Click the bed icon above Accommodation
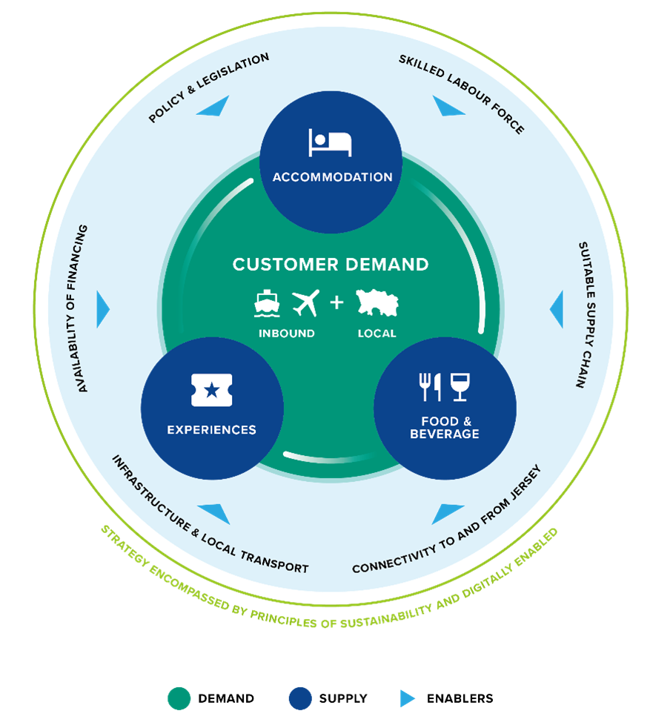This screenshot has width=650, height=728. click(x=330, y=142)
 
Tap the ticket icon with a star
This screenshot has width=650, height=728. click(x=212, y=390)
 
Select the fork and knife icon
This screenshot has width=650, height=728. click(x=430, y=387)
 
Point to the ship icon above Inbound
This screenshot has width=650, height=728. click(x=267, y=304)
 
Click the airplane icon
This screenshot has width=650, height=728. click(x=306, y=303)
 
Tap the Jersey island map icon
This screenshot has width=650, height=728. click(x=377, y=302)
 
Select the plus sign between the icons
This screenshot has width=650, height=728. click(x=336, y=302)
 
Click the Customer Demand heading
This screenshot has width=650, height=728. click(x=331, y=265)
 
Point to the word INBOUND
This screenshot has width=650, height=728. click(x=287, y=334)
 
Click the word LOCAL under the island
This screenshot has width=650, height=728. click(x=377, y=334)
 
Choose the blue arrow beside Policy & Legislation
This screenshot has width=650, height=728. click(x=214, y=107)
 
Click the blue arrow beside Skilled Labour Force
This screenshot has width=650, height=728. click(x=447, y=107)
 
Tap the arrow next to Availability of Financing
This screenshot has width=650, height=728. click(x=102, y=309)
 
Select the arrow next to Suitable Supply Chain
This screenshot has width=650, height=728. click(x=557, y=309)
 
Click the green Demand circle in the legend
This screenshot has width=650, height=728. click(x=179, y=698)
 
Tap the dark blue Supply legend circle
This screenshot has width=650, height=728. click(x=300, y=698)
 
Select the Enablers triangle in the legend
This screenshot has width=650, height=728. click(x=407, y=698)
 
